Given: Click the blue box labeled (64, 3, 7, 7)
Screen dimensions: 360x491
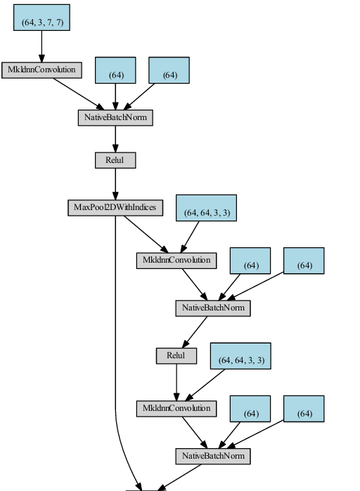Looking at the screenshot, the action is point(41,18).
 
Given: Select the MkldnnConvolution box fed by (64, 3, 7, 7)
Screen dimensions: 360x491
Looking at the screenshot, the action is point(41,70).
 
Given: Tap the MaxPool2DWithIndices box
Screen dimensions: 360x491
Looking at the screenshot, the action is point(115,208).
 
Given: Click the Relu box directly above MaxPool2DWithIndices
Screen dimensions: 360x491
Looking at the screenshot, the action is point(115,160).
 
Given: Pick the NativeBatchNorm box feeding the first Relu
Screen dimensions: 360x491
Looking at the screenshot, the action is point(115,118).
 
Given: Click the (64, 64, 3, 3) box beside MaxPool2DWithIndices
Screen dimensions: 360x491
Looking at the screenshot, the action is point(206,208).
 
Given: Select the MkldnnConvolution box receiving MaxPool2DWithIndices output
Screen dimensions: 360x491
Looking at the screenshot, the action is point(176,261).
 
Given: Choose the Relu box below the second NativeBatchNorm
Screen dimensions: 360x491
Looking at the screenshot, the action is point(176,356).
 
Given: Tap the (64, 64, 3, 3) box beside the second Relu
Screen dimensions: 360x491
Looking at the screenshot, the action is point(240,356).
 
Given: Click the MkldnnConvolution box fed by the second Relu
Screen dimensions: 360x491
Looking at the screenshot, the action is point(176,409).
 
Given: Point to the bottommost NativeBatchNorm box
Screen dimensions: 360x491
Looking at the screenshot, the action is point(213,457).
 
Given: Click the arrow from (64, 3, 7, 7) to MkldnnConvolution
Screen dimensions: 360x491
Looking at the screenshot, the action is point(41,46).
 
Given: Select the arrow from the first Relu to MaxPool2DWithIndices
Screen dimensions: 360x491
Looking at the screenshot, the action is point(115,184).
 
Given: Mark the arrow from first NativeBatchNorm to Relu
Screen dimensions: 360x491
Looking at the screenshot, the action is point(115,139).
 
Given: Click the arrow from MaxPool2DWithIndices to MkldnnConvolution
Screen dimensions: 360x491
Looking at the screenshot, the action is point(146,234).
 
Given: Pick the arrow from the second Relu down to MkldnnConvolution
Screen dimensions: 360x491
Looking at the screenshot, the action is point(176,382).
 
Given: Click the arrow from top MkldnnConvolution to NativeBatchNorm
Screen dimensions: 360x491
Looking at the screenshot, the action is point(79,94).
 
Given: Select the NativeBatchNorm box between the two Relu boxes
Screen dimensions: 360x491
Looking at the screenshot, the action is point(213,308).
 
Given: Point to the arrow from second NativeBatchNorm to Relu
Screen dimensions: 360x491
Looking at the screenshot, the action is point(195,332).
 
